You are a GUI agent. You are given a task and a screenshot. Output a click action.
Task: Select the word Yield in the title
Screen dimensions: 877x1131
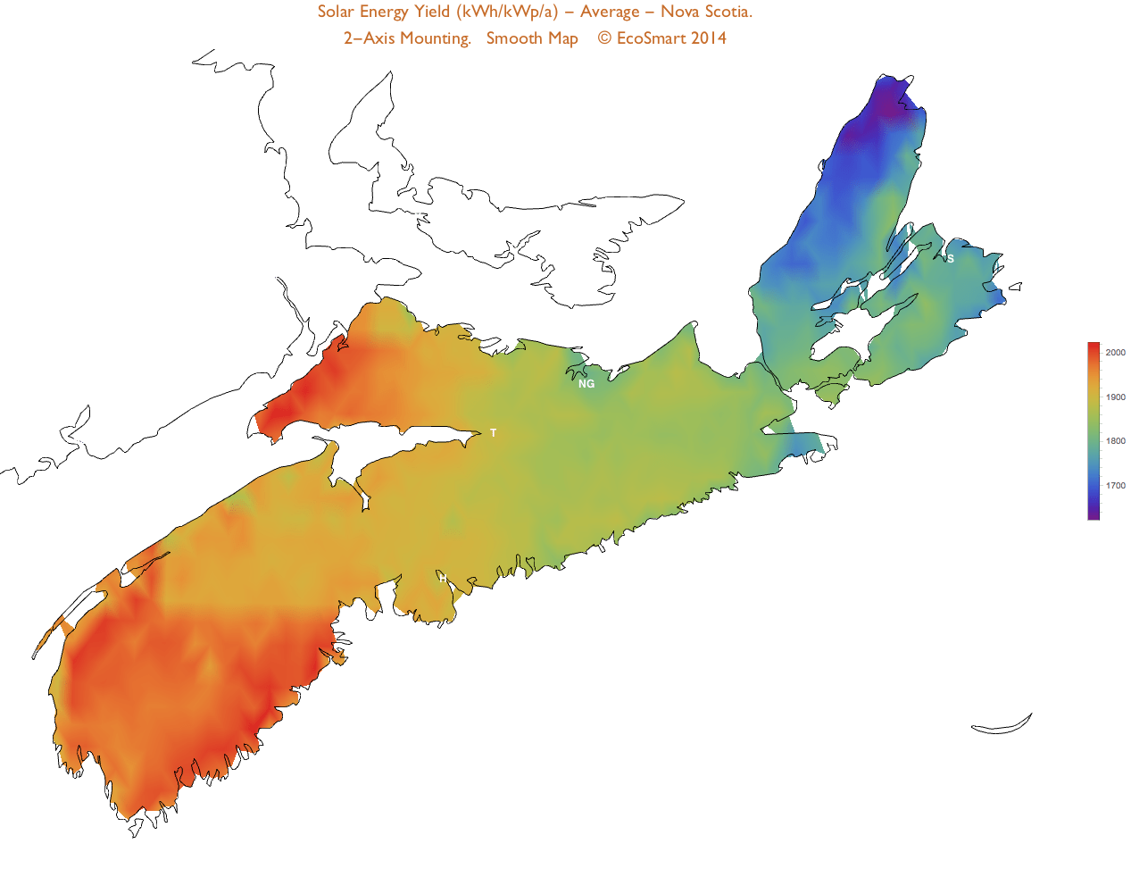tap(432, 12)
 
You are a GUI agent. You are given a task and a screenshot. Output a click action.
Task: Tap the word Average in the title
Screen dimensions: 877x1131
tap(610, 12)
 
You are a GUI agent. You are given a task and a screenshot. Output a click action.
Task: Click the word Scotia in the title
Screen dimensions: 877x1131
tap(728, 12)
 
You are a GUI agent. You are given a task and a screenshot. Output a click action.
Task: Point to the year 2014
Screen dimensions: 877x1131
tap(709, 38)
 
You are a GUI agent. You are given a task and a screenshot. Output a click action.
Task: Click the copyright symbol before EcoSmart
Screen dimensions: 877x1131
tap(604, 38)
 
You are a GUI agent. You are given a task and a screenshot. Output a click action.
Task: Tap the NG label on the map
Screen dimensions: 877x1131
tap(586, 384)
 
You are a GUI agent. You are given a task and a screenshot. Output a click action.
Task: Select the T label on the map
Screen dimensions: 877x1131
tap(494, 433)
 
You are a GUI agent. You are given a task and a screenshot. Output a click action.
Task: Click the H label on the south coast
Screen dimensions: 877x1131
tap(443, 579)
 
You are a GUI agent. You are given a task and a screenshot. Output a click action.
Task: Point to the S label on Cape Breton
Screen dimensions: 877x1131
tap(951, 259)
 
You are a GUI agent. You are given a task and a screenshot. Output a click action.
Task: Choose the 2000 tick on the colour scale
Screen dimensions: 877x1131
tap(1115, 353)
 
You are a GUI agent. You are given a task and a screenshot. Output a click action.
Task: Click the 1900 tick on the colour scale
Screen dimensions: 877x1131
tap(1115, 397)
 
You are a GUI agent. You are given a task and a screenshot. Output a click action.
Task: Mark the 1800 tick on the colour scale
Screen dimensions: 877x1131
tap(1115, 441)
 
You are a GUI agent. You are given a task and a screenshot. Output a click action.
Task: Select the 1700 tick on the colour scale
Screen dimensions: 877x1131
tap(1115, 486)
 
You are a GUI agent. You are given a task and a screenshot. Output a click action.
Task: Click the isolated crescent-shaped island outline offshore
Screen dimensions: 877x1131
tap(1002, 727)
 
